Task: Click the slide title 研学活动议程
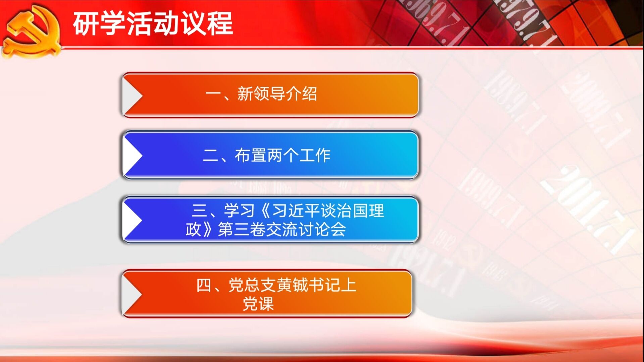(153, 23)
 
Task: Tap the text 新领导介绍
(277, 94)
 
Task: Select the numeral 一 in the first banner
(213, 94)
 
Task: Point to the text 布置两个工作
(283, 155)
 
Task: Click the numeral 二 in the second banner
(211, 156)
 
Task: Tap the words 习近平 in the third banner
(296, 211)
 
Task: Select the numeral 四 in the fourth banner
(204, 286)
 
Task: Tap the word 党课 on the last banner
(258, 304)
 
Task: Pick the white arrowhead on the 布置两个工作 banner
(132, 156)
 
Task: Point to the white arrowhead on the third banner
(132, 220)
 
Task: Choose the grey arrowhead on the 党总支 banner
(132, 294)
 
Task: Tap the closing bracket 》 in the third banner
(209, 230)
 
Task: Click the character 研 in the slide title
(86, 23)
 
